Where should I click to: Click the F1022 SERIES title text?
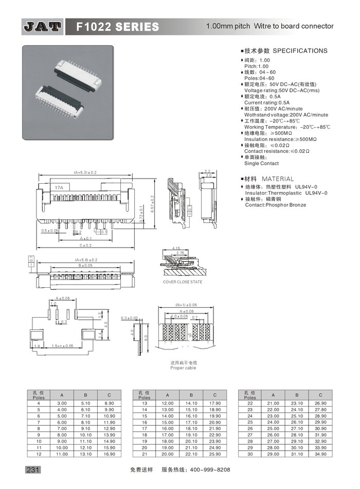coord(118,26)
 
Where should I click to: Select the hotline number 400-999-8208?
coord(210,470)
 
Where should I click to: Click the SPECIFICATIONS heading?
coord(299,51)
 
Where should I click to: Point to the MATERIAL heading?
coord(278,179)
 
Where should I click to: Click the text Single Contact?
coord(261,163)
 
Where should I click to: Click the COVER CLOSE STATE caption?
coord(182,282)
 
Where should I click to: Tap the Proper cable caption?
coord(184,368)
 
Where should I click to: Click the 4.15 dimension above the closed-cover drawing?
coord(176,248)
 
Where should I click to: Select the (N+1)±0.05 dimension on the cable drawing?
coord(186,305)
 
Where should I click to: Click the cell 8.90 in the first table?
coord(109,403)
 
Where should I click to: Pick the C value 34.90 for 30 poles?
coord(320,455)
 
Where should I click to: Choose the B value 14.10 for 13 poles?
coord(191,403)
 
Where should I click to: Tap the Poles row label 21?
coord(145,455)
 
